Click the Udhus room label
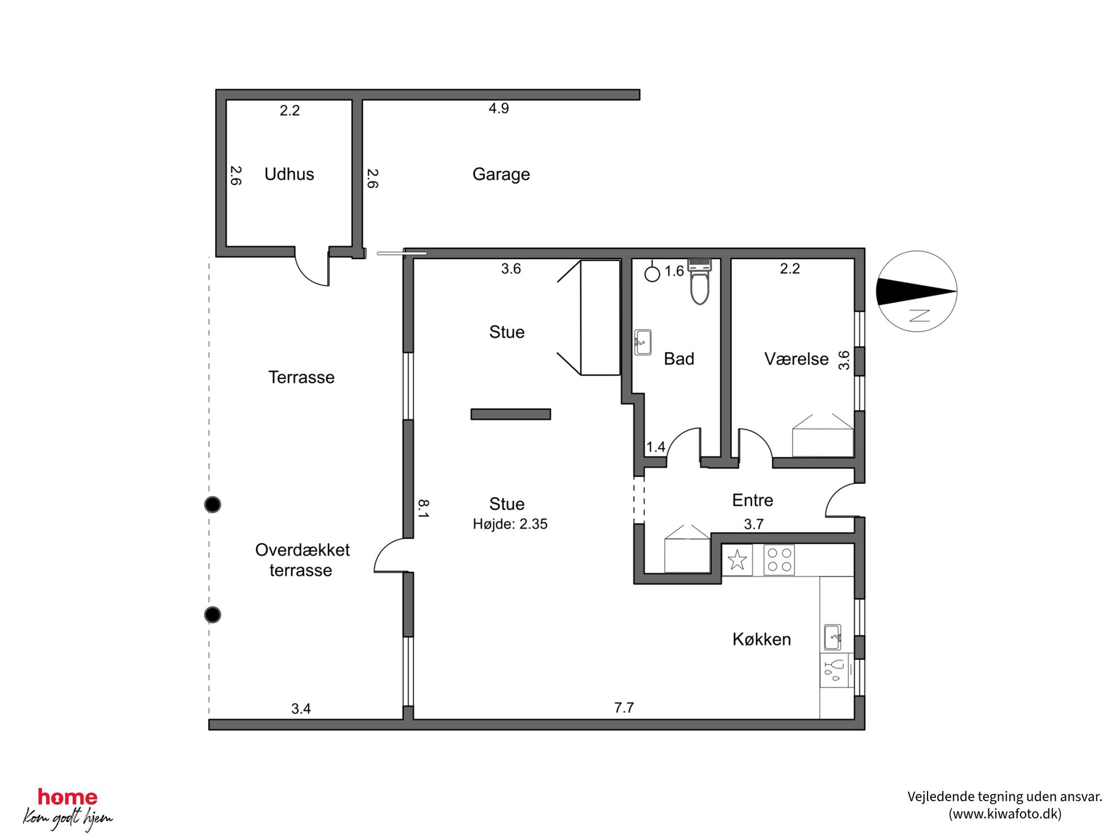coord(289,174)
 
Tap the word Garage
coord(501,174)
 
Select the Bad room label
coord(679,358)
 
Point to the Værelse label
coord(796,358)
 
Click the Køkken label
coord(762,639)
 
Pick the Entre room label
coord(753,500)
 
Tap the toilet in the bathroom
coord(700,281)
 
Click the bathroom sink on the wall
coord(643,342)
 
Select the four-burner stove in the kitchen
coord(779,559)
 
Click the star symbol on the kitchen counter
coord(737,560)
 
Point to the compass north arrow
coord(916,291)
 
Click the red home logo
coord(68,797)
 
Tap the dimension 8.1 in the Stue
coord(423,508)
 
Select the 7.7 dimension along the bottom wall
coord(624,707)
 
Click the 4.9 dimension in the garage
coord(498,108)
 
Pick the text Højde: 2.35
coord(510,524)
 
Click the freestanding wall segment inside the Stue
coord(511,414)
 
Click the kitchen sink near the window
coord(833,637)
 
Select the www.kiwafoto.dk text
coord(1004,813)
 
